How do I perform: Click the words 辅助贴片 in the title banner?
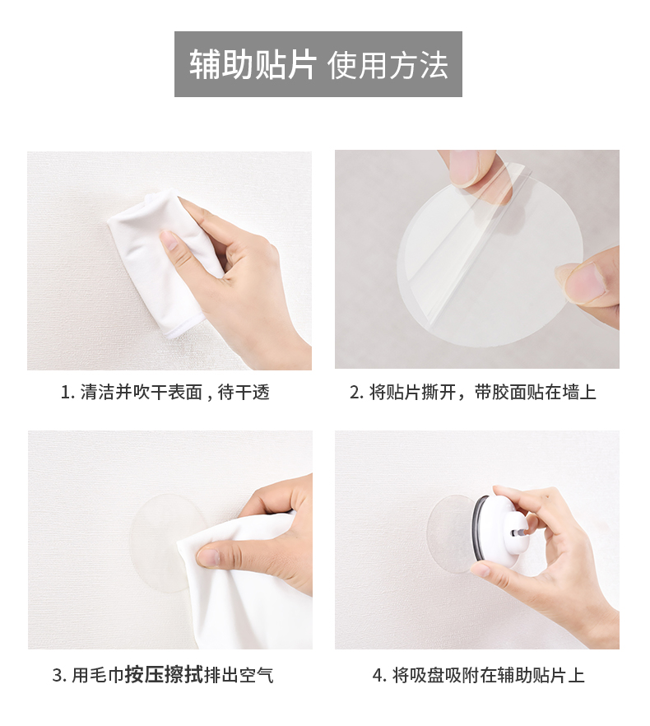pos(253,64)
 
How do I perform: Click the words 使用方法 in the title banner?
pos(388,64)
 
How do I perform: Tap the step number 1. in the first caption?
pos(68,393)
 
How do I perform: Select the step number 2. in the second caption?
pos(357,393)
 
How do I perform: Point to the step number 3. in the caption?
pos(60,675)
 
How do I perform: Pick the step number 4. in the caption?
pos(379,675)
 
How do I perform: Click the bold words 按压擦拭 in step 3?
pos(164,675)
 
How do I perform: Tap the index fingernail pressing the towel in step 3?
pos(207,557)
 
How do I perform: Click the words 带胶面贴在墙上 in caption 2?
pos(535,393)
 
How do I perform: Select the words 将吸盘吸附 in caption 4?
pos(435,675)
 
